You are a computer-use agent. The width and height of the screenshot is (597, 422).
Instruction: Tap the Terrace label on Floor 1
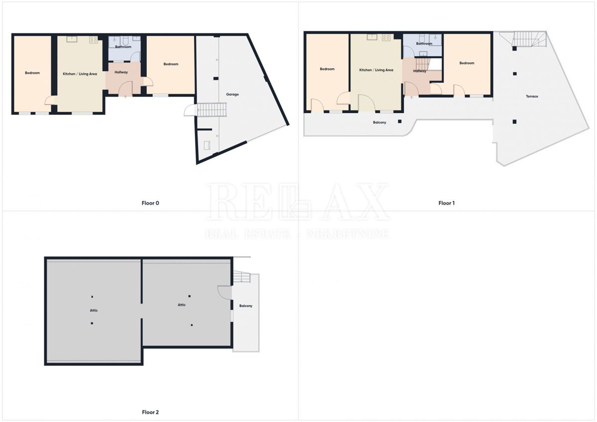(532, 96)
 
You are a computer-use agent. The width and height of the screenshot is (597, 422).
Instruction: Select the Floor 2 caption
(150, 412)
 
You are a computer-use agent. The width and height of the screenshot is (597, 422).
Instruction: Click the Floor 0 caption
(150, 203)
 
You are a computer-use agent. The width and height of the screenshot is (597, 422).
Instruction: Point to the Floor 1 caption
(446, 203)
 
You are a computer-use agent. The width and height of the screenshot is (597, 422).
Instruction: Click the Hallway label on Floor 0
(121, 72)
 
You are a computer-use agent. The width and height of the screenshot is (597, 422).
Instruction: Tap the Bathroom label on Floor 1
(424, 44)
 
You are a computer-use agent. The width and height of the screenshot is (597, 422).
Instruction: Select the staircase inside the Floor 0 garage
(212, 109)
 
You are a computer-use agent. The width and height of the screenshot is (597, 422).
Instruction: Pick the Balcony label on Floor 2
(246, 306)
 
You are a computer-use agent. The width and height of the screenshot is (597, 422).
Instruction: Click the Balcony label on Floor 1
(379, 122)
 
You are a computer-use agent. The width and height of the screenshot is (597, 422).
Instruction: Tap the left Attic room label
(94, 311)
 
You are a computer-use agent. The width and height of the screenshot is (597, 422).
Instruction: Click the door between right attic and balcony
(224, 293)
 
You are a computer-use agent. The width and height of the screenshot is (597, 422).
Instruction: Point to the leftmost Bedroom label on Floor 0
(32, 73)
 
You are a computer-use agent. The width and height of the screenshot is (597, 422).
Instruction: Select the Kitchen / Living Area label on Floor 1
(376, 70)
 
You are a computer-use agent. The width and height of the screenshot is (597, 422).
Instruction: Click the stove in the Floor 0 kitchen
(93, 39)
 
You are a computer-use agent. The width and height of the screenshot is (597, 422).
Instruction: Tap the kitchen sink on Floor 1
(372, 36)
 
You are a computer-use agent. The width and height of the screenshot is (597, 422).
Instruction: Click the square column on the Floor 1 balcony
(399, 121)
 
